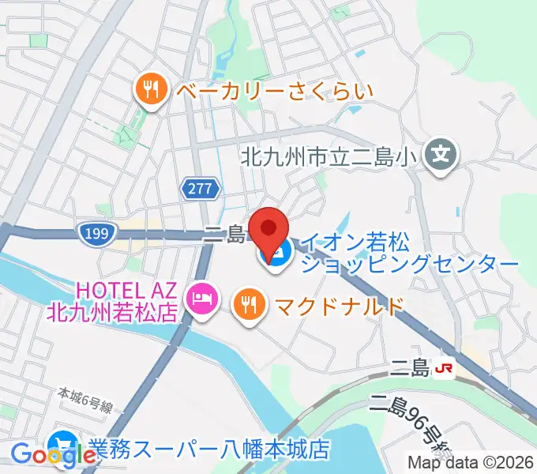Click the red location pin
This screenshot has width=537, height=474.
pyautogui.click(x=268, y=229)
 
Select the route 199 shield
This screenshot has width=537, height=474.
pyautogui.click(x=98, y=231)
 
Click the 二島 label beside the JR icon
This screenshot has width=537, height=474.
pyautogui.click(x=410, y=367)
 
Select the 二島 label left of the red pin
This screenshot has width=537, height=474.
pyautogui.click(x=223, y=233)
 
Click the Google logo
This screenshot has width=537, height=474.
pyautogui.click(x=47, y=455)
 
